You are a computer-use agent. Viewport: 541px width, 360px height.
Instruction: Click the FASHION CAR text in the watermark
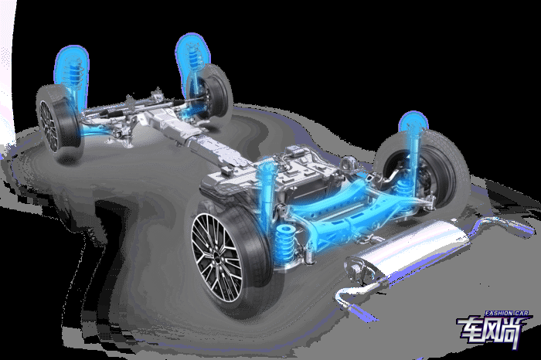click(x=506, y=314)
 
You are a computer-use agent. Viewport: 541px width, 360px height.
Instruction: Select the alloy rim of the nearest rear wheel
click(x=216, y=257)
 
